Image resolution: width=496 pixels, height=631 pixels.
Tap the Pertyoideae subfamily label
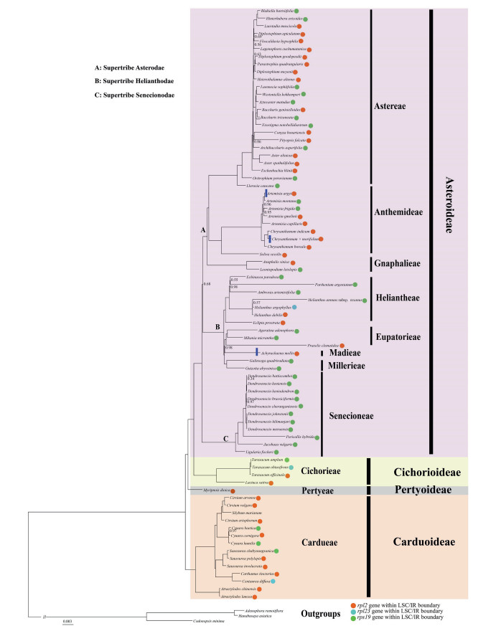coord(421,490)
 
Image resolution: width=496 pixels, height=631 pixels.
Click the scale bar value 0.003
coord(67,621)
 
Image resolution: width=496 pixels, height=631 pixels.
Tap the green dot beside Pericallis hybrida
coord(317,436)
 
